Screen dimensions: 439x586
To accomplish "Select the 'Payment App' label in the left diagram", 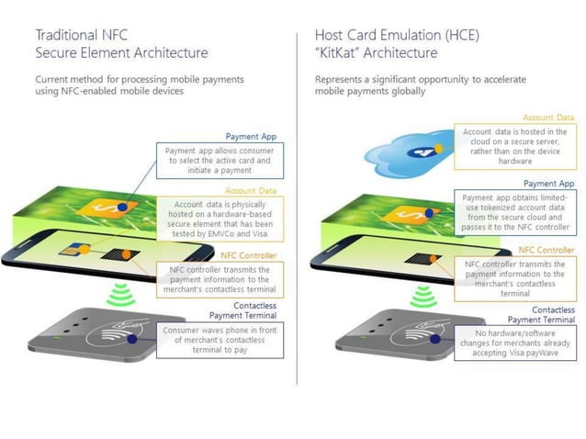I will pos(252,136).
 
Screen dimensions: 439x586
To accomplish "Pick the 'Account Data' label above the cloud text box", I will pos(548,118).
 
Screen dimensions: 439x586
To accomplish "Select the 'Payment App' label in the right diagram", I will pos(549,183).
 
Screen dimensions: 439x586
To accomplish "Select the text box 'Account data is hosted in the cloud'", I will pos(515,146).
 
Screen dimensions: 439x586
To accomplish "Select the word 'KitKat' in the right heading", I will pos(340,53).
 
